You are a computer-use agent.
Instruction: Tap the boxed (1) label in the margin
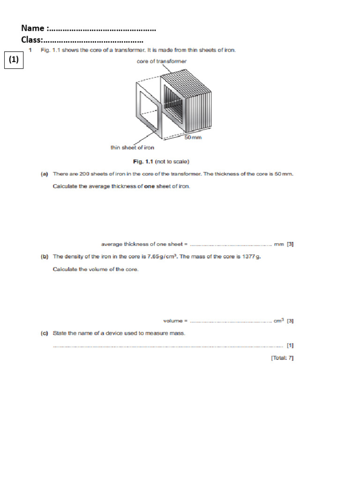click(14, 60)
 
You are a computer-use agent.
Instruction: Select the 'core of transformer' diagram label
click(161, 61)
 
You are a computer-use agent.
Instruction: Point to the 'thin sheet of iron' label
click(132, 148)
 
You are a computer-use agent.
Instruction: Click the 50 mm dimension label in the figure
click(192, 138)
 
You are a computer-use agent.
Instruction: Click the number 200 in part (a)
click(84, 174)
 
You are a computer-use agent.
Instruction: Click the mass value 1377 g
click(251, 256)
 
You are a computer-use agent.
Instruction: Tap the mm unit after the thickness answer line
click(279, 244)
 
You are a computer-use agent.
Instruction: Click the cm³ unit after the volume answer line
click(279, 321)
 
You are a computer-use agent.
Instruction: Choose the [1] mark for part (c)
click(290, 346)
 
